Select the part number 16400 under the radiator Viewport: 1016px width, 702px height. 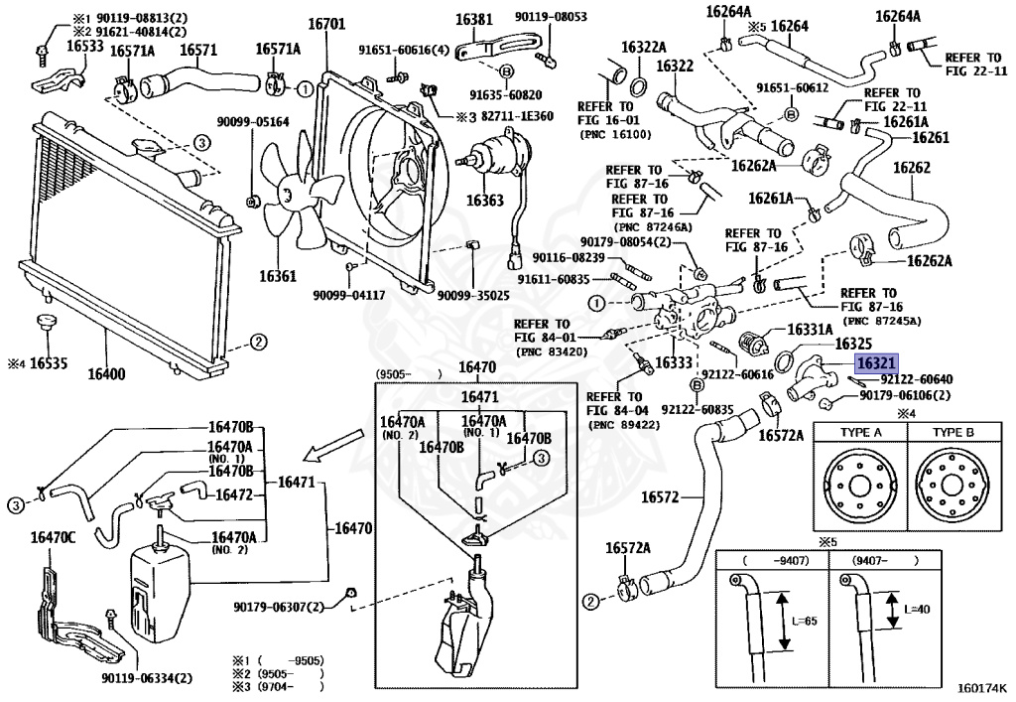tap(106, 375)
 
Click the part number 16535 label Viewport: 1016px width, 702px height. tap(48, 362)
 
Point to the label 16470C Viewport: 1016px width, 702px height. tap(53, 537)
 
